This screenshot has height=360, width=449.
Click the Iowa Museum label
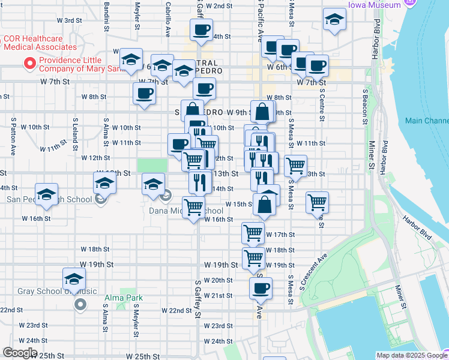(x=373, y=5)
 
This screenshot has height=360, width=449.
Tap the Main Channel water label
(x=426, y=121)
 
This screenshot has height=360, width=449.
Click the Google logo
(x=19, y=352)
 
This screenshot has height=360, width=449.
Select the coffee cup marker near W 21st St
(x=261, y=288)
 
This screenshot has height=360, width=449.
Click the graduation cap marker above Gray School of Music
(x=74, y=279)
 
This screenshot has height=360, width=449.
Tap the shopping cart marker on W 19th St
(x=254, y=259)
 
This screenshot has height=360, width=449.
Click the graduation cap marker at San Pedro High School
(x=46, y=194)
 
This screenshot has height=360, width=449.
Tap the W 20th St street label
(x=218, y=280)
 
